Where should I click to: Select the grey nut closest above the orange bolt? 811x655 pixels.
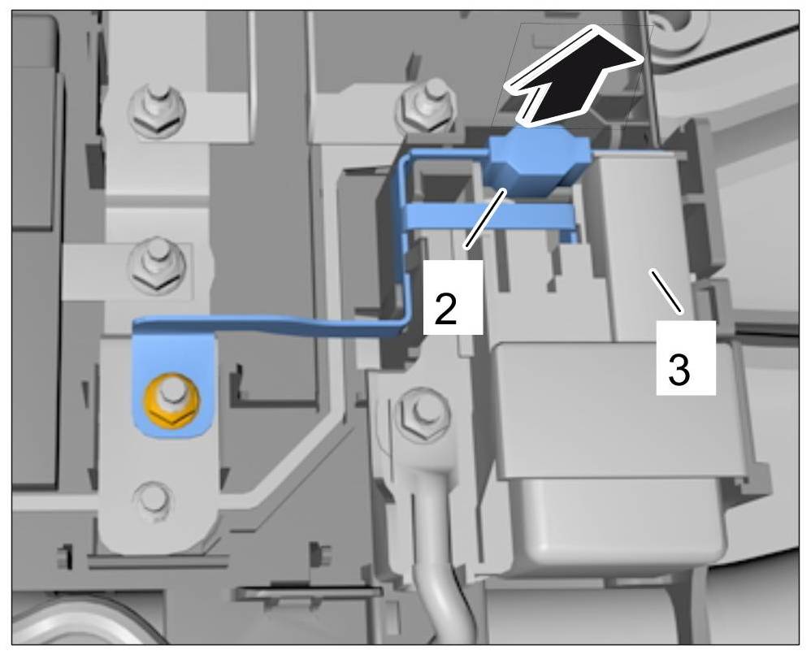(153, 264)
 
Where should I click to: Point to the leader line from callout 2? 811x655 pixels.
(486, 217)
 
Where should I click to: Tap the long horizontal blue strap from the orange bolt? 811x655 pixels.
(268, 325)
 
